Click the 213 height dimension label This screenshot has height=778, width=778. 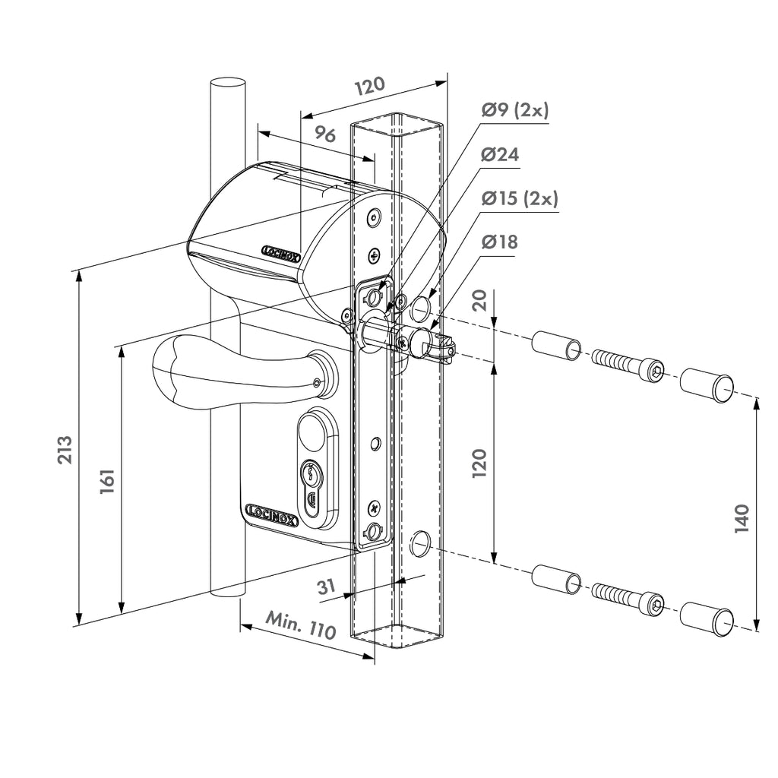(65, 450)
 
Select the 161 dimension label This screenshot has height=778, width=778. (107, 480)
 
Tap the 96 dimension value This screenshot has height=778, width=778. (325, 134)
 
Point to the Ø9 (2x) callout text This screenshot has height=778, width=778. (514, 110)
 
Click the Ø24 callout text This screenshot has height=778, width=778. (500, 155)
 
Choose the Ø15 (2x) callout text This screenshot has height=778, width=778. (520, 198)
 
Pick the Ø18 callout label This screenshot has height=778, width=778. (499, 242)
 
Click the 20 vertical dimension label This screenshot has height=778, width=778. (479, 300)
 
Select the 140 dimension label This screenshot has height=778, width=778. (742, 518)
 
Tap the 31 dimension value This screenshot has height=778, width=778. (326, 587)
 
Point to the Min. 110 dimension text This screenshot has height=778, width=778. (301, 626)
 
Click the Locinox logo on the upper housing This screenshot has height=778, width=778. (281, 252)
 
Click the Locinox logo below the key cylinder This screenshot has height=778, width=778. (272, 515)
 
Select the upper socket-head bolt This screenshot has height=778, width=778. (628, 365)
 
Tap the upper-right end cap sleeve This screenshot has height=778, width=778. (707, 385)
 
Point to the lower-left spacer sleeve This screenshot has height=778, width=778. (556, 579)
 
